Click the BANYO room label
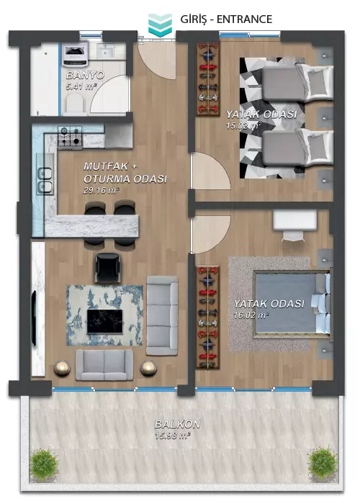pos(85,75)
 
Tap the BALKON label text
pos(177,424)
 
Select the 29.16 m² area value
pos(102,190)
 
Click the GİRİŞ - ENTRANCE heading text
pos(226,19)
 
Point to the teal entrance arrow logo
pos(160,25)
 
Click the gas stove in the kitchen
pos(70,138)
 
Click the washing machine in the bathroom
pos(75,54)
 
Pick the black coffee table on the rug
pos(105,321)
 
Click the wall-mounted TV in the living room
pos(33,318)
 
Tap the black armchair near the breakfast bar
pos(108,267)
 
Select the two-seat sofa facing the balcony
pos(104,365)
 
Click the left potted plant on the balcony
pos(44,464)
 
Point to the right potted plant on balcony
pos(323,463)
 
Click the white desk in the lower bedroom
pos(294,220)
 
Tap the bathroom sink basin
pos(104,51)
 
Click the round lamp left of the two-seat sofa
pos(62,368)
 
